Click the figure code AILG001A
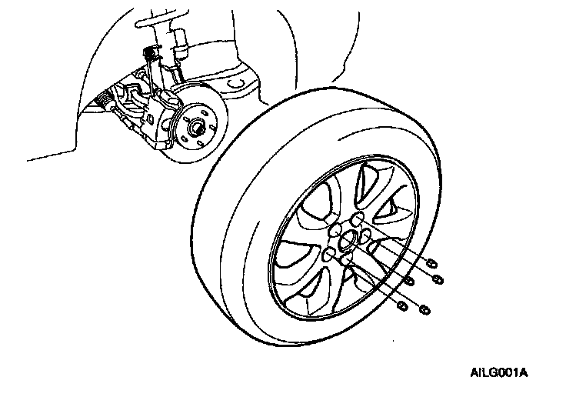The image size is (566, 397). (498, 372)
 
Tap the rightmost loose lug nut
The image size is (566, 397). (438, 278)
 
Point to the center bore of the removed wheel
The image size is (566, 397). (347, 241)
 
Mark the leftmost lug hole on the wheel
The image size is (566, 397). (329, 253)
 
